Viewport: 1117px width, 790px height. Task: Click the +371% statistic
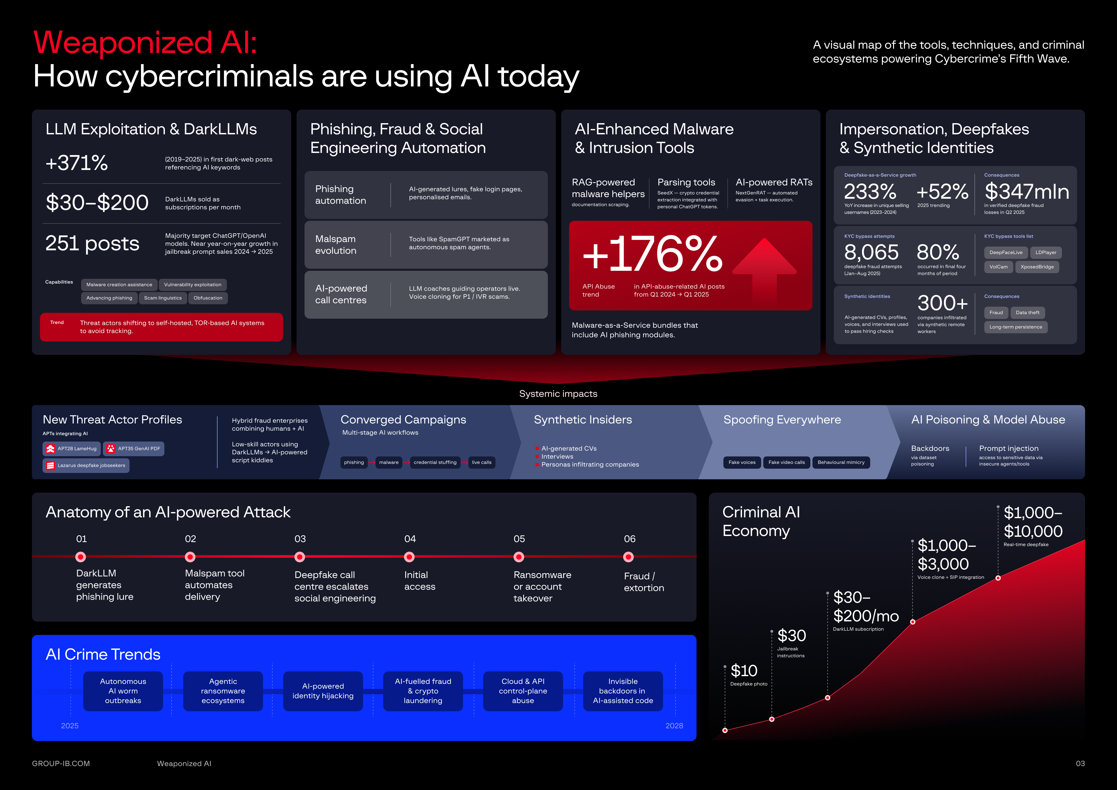point(76,163)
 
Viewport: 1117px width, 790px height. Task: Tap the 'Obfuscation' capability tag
point(208,298)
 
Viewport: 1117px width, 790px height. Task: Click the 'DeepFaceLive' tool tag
point(1006,252)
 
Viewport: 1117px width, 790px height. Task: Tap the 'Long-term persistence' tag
point(1015,327)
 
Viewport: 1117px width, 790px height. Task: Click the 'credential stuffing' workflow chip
point(435,462)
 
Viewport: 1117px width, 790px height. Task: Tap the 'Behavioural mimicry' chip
point(841,462)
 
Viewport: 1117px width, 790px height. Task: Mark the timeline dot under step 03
point(300,557)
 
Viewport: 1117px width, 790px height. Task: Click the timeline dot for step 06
point(628,557)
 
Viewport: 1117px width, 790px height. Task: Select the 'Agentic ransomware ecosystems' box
point(223,691)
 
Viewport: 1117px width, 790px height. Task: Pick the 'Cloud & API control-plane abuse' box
point(523,691)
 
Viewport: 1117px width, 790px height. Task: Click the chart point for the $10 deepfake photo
point(725,730)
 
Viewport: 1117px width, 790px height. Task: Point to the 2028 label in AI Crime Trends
point(674,725)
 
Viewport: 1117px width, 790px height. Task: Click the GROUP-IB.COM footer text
point(61,763)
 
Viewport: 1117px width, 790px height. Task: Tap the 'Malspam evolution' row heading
point(336,245)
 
